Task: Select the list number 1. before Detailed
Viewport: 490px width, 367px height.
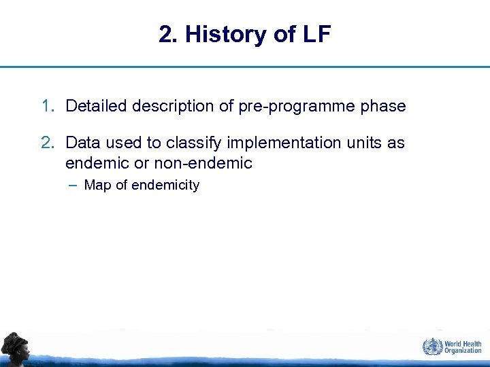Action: (x=48, y=106)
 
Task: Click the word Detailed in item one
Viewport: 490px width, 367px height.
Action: (x=97, y=106)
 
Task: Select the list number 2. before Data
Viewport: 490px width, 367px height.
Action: (x=48, y=143)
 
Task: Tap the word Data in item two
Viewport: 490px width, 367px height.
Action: (x=81, y=143)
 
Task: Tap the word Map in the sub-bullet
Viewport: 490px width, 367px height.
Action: (x=98, y=185)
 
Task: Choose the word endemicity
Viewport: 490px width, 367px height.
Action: (x=165, y=185)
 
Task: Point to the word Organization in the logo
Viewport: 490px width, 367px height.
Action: (x=463, y=351)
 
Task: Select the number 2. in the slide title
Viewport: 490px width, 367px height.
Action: (x=167, y=35)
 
